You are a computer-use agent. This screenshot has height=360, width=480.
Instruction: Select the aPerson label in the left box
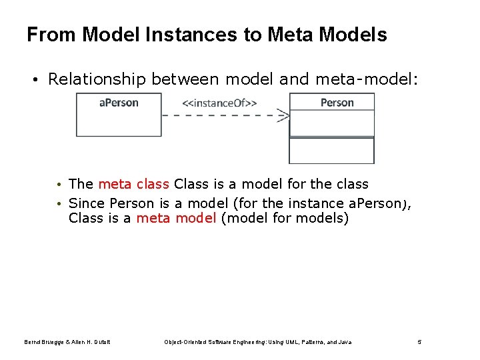pyautogui.click(x=119, y=103)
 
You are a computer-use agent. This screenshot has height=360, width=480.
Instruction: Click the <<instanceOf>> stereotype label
pyautogui.click(x=219, y=103)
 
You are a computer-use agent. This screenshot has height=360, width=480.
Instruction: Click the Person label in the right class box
pyautogui.click(x=337, y=103)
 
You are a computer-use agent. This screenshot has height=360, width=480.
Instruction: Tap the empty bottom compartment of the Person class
pyautogui.click(x=331, y=150)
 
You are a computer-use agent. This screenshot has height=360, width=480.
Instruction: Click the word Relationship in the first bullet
pyautogui.click(x=97, y=80)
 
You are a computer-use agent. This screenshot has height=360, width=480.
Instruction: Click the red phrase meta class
pyautogui.click(x=133, y=184)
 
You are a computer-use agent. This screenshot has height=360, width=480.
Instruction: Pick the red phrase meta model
pyautogui.click(x=176, y=218)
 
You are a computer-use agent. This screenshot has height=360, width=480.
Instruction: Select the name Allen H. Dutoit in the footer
pyautogui.click(x=90, y=342)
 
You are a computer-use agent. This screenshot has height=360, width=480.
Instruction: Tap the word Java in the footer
pyautogui.click(x=345, y=342)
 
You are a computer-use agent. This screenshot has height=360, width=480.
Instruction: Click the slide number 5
pyautogui.click(x=419, y=342)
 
